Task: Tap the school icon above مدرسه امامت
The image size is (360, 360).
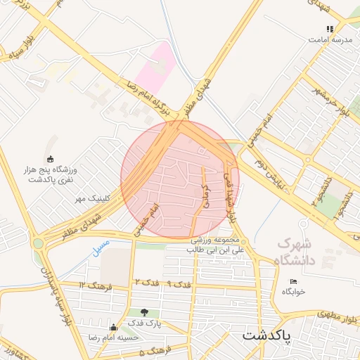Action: click(x=329, y=29)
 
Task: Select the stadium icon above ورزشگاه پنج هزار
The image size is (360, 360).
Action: click(x=49, y=159)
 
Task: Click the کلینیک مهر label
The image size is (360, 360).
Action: click(x=94, y=199)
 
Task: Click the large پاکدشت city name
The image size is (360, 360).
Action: click(x=271, y=335)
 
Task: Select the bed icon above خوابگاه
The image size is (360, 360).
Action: click(x=294, y=282)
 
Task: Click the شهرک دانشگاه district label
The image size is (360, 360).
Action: click(x=300, y=252)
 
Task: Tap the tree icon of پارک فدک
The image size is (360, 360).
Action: click(x=144, y=312)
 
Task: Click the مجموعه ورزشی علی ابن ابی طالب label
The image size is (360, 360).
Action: click(x=215, y=245)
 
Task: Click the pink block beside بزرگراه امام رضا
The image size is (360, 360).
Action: click(x=155, y=67)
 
